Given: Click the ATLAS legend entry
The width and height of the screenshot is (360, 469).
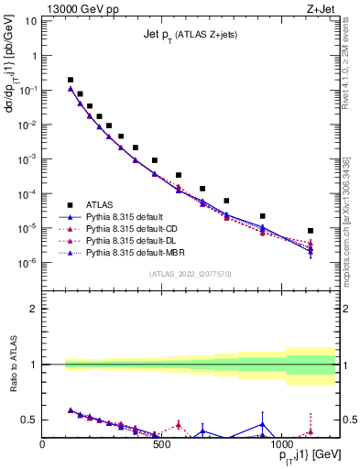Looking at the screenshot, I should point(100,204).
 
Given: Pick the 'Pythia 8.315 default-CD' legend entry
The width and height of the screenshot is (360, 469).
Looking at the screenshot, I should point(134,227).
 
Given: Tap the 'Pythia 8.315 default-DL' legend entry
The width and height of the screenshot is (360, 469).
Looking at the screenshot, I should point(134,239).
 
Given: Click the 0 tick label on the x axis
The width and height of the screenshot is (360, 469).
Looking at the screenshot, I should point(43,445).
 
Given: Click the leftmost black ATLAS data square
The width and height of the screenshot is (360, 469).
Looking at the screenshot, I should point(71,80).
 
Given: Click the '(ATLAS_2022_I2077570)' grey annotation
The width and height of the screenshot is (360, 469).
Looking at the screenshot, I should point(190,274).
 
